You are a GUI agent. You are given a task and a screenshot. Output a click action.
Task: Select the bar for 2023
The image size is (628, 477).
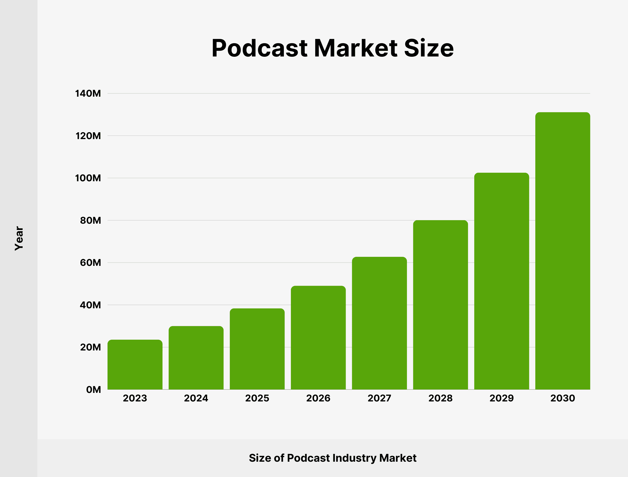[135, 365]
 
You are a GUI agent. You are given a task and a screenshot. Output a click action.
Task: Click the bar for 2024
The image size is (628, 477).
[196, 358]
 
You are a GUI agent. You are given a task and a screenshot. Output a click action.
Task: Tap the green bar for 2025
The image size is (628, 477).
[257, 349]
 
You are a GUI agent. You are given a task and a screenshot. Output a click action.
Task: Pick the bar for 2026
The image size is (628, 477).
[318, 338]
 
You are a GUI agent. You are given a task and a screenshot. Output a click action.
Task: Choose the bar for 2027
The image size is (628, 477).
[379, 324]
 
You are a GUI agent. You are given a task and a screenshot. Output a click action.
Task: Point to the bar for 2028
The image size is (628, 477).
[440, 305]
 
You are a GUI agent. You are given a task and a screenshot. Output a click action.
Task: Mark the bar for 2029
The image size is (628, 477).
[502, 281]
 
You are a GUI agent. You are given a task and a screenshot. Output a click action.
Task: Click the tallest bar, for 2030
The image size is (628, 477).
[563, 251]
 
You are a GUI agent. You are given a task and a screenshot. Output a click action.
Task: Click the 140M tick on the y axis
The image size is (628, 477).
[88, 93]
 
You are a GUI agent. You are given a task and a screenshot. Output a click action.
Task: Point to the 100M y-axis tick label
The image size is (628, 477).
[88, 178]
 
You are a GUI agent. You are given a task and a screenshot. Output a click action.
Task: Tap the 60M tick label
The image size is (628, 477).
[90, 263]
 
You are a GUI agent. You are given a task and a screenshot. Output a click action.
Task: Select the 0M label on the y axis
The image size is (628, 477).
[93, 390]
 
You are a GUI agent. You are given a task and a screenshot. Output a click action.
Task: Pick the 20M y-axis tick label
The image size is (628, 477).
[90, 347]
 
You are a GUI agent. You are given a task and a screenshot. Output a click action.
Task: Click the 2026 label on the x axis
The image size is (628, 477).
[318, 398]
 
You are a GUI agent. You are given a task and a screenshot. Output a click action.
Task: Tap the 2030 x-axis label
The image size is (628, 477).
[563, 398]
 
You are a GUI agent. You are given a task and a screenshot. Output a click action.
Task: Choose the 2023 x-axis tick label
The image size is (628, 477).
[135, 398]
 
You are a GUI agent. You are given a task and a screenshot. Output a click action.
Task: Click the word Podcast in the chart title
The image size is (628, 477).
[259, 48]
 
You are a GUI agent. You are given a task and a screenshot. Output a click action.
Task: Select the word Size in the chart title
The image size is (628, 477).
[429, 48]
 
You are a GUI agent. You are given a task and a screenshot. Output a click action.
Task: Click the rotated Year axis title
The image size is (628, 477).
[19, 238]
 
